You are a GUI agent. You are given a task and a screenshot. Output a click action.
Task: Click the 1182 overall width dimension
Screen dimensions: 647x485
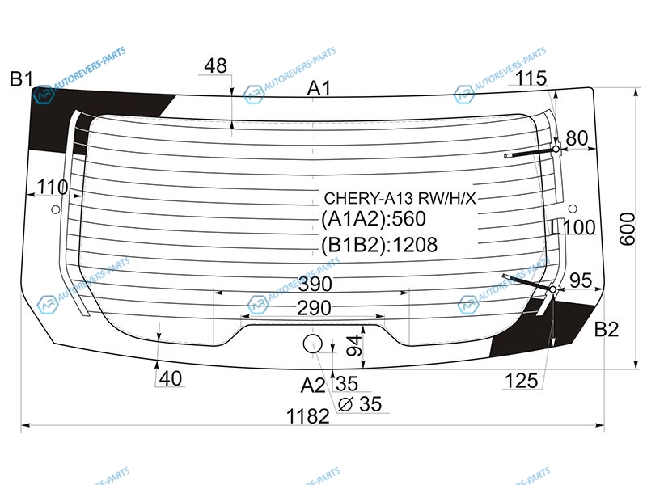308,416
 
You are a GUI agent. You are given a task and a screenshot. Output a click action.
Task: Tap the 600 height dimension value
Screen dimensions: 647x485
628,229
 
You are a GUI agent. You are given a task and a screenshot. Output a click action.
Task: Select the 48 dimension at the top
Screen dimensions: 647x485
216,65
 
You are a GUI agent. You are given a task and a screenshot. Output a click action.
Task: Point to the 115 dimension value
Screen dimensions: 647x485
531,78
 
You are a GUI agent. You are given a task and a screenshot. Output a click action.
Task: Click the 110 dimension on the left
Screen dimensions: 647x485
53,187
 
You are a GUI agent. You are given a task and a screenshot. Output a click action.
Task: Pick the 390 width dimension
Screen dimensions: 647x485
315,284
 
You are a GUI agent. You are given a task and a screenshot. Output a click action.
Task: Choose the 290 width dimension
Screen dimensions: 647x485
314,308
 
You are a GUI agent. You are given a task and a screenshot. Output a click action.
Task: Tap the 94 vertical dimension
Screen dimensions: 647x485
353,346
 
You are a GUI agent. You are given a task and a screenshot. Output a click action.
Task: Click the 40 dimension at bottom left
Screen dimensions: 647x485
171,378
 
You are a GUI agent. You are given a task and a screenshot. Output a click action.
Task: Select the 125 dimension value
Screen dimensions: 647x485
522,380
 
